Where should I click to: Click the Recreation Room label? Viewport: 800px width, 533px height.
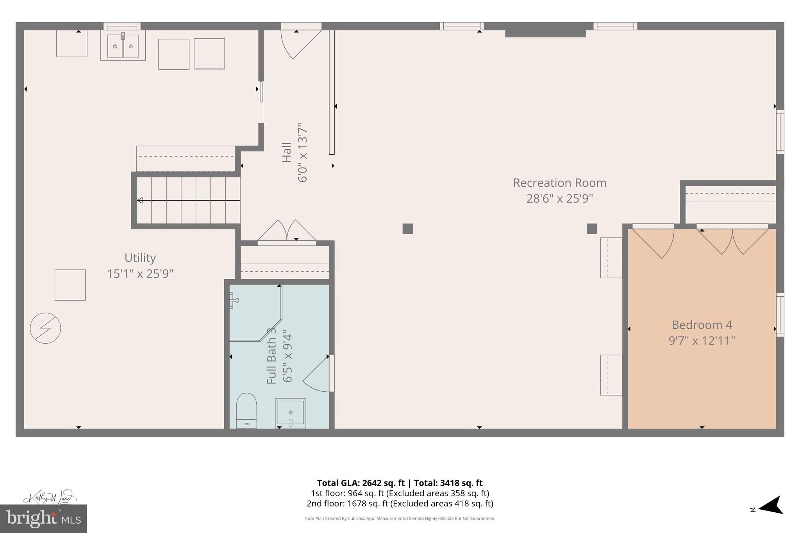[x=559, y=183]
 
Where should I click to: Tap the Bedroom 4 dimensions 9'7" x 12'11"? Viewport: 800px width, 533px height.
[x=702, y=340]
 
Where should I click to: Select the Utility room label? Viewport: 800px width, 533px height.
[x=140, y=258]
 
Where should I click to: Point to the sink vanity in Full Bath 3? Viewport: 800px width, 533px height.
[x=290, y=412]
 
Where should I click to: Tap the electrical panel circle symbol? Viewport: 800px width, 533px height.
[x=45, y=328]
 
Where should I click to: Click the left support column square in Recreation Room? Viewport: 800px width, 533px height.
[x=407, y=228]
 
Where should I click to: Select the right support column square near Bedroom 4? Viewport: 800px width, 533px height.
[x=592, y=228]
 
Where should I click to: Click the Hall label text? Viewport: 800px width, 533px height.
[x=287, y=152]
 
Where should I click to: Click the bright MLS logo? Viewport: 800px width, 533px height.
[x=43, y=519]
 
